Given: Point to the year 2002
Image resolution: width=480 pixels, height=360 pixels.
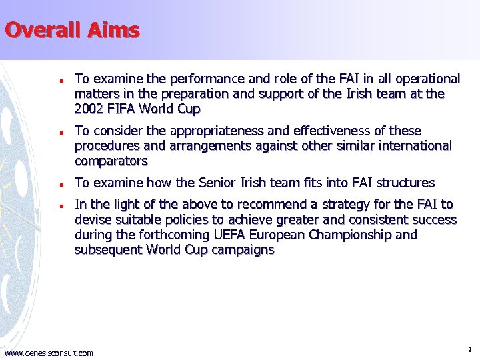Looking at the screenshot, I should (x=89, y=109).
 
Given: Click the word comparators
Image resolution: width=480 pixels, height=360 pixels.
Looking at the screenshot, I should (x=111, y=161).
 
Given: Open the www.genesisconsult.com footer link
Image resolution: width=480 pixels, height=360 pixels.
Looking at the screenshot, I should (x=49, y=353).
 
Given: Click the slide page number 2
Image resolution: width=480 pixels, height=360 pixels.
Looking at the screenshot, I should (x=470, y=349).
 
